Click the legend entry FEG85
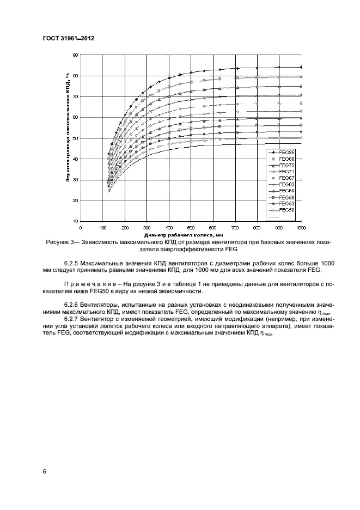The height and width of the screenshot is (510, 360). tap(286, 151)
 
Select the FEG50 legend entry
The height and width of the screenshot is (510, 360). tap(286, 210)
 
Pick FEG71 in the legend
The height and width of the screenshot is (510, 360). tap(286, 171)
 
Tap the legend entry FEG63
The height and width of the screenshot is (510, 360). tap(286, 184)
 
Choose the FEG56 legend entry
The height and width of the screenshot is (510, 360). tap(286, 197)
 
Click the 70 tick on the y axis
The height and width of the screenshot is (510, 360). tap(76, 96)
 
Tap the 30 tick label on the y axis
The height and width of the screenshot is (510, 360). tap(76, 180)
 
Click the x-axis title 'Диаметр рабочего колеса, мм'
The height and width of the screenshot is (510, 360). tap(191, 233)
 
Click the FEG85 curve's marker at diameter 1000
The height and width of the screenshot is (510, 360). tap(301, 67)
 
